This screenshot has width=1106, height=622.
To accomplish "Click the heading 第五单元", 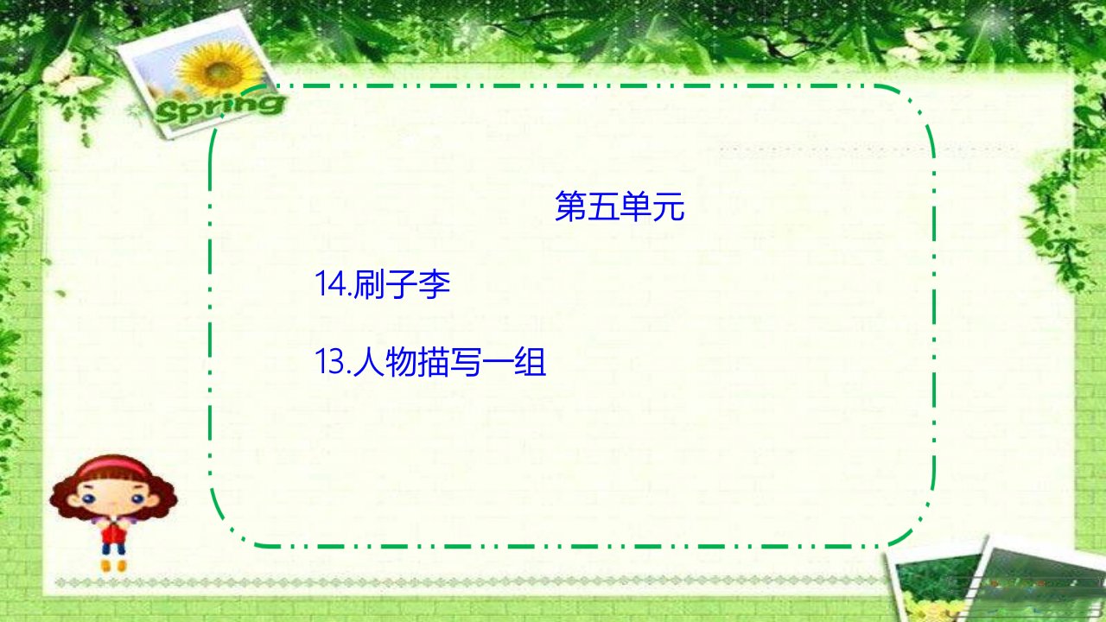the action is [620, 206].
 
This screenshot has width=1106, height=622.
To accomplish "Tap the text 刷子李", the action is [402, 284].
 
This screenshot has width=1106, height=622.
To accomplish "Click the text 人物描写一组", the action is [450, 362].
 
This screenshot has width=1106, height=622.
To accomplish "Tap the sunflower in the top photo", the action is [220, 68].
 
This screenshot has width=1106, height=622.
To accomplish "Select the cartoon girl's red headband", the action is [113, 466].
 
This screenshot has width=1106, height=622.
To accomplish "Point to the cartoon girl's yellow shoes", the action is [113, 565].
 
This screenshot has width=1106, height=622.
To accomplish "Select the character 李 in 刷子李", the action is [435, 284].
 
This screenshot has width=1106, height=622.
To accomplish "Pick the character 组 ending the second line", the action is [531, 362].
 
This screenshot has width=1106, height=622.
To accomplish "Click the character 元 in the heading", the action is [669, 206].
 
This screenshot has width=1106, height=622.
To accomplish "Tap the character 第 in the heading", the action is [571, 206].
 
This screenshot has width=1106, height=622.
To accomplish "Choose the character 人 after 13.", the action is [369, 362].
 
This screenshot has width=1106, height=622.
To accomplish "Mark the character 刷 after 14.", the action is [369, 284].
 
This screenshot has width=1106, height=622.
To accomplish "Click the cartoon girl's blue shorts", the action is [113, 548].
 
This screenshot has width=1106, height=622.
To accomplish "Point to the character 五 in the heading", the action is [603, 206].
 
